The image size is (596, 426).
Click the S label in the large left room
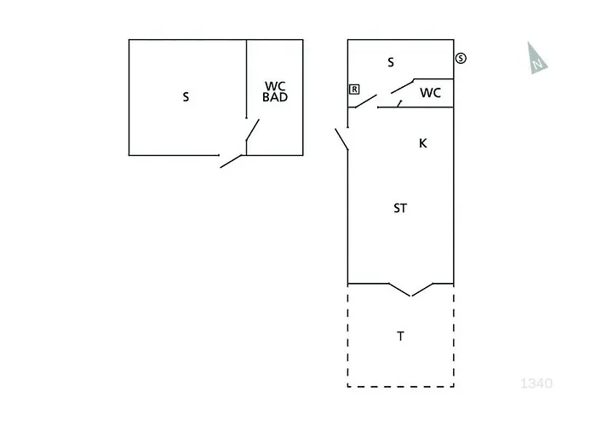pyautogui.click(x=186, y=97)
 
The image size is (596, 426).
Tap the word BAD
pyautogui.click(x=275, y=97)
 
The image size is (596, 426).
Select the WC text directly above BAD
pyautogui.click(x=275, y=86)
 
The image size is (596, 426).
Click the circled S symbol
pyautogui.click(x=461, y=58)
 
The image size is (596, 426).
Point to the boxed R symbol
pyautogui.click(x=354, y=89)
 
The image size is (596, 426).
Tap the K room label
pyautogui.click(x=422, y=143)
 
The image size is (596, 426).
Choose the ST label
pyautogui.click(x=400, y=209)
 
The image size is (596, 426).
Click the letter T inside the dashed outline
pyautogui.click(x=401, y=337)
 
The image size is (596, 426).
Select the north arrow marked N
pyautogui.click(x=536, y=58)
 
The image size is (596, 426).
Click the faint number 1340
pyautogui.click(x=536, y=383)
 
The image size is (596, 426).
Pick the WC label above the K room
pyautogui.click(x=430, y=93)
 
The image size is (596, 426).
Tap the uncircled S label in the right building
pyautogui.click(x=391, y=62)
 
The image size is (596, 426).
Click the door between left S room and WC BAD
pyautogui.click(x=252, y=130)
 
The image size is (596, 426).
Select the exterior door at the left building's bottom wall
pyautogui.click(x=231, y=161)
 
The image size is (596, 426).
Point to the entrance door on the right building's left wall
pyautogui.click(x=341, y=140)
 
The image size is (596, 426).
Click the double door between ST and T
pyautogui.click(x=411, y=290)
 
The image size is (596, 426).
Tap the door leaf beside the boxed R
pyautogui.click(x=365, y=101)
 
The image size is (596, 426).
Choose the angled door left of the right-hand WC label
pyautogui.click(x=402, y=86)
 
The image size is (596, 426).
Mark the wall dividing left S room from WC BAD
pyautogui.click(x=246, y=79)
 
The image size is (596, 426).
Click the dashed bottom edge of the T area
pyautogui.click(x=401, y=387)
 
